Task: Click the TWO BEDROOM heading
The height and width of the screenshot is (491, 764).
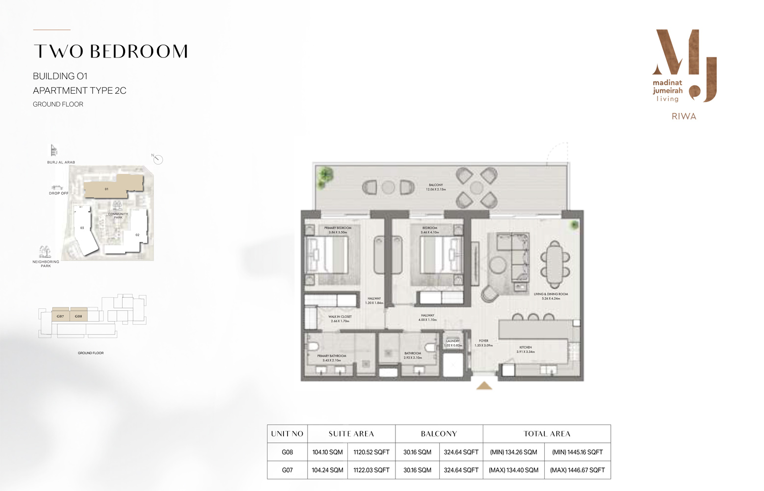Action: tap(110, 52)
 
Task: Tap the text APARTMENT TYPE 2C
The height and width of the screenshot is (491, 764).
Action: tap(79, 90)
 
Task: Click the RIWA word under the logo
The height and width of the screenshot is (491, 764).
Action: tap(684, 116)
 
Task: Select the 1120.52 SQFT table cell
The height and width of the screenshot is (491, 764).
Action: tap(371, 452)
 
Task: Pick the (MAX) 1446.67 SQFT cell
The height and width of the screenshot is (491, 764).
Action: tap(577, 470)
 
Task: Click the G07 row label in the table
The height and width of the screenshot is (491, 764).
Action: tap(287, 470)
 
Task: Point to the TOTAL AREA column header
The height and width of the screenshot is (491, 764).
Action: tap(547, 434)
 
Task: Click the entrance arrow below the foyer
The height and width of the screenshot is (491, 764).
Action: tap(484, 386)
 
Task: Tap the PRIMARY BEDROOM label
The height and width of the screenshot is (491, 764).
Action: tap(338, 228)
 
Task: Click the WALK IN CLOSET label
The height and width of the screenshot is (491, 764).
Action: tap(340, 317)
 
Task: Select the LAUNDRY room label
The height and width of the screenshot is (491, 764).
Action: tap(452, 341)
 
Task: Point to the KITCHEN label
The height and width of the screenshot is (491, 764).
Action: tap(526, 347)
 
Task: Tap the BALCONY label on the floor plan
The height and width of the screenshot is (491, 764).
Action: tap(436, 185)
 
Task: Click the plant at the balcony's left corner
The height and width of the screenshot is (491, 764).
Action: tap(324, 173)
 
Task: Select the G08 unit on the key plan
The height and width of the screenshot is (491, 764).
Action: tap(79, 316)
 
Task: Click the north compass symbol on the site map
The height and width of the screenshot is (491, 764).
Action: tap(158, 159)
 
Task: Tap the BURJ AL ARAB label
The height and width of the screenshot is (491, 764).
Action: tap(61, 162)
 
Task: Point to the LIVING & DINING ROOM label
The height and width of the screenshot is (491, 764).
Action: tap(551, 294)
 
